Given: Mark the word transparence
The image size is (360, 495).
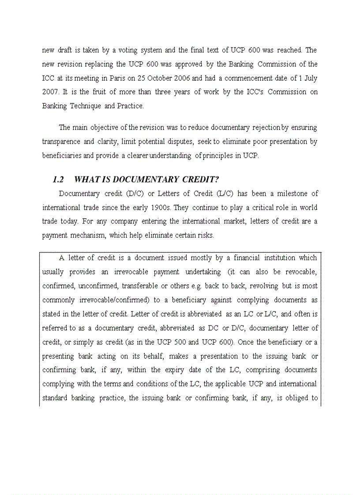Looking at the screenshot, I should pyautogui.click(x=61, y=141).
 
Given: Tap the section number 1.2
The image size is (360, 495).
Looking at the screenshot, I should pyautogui.click(x=58, y=179).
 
